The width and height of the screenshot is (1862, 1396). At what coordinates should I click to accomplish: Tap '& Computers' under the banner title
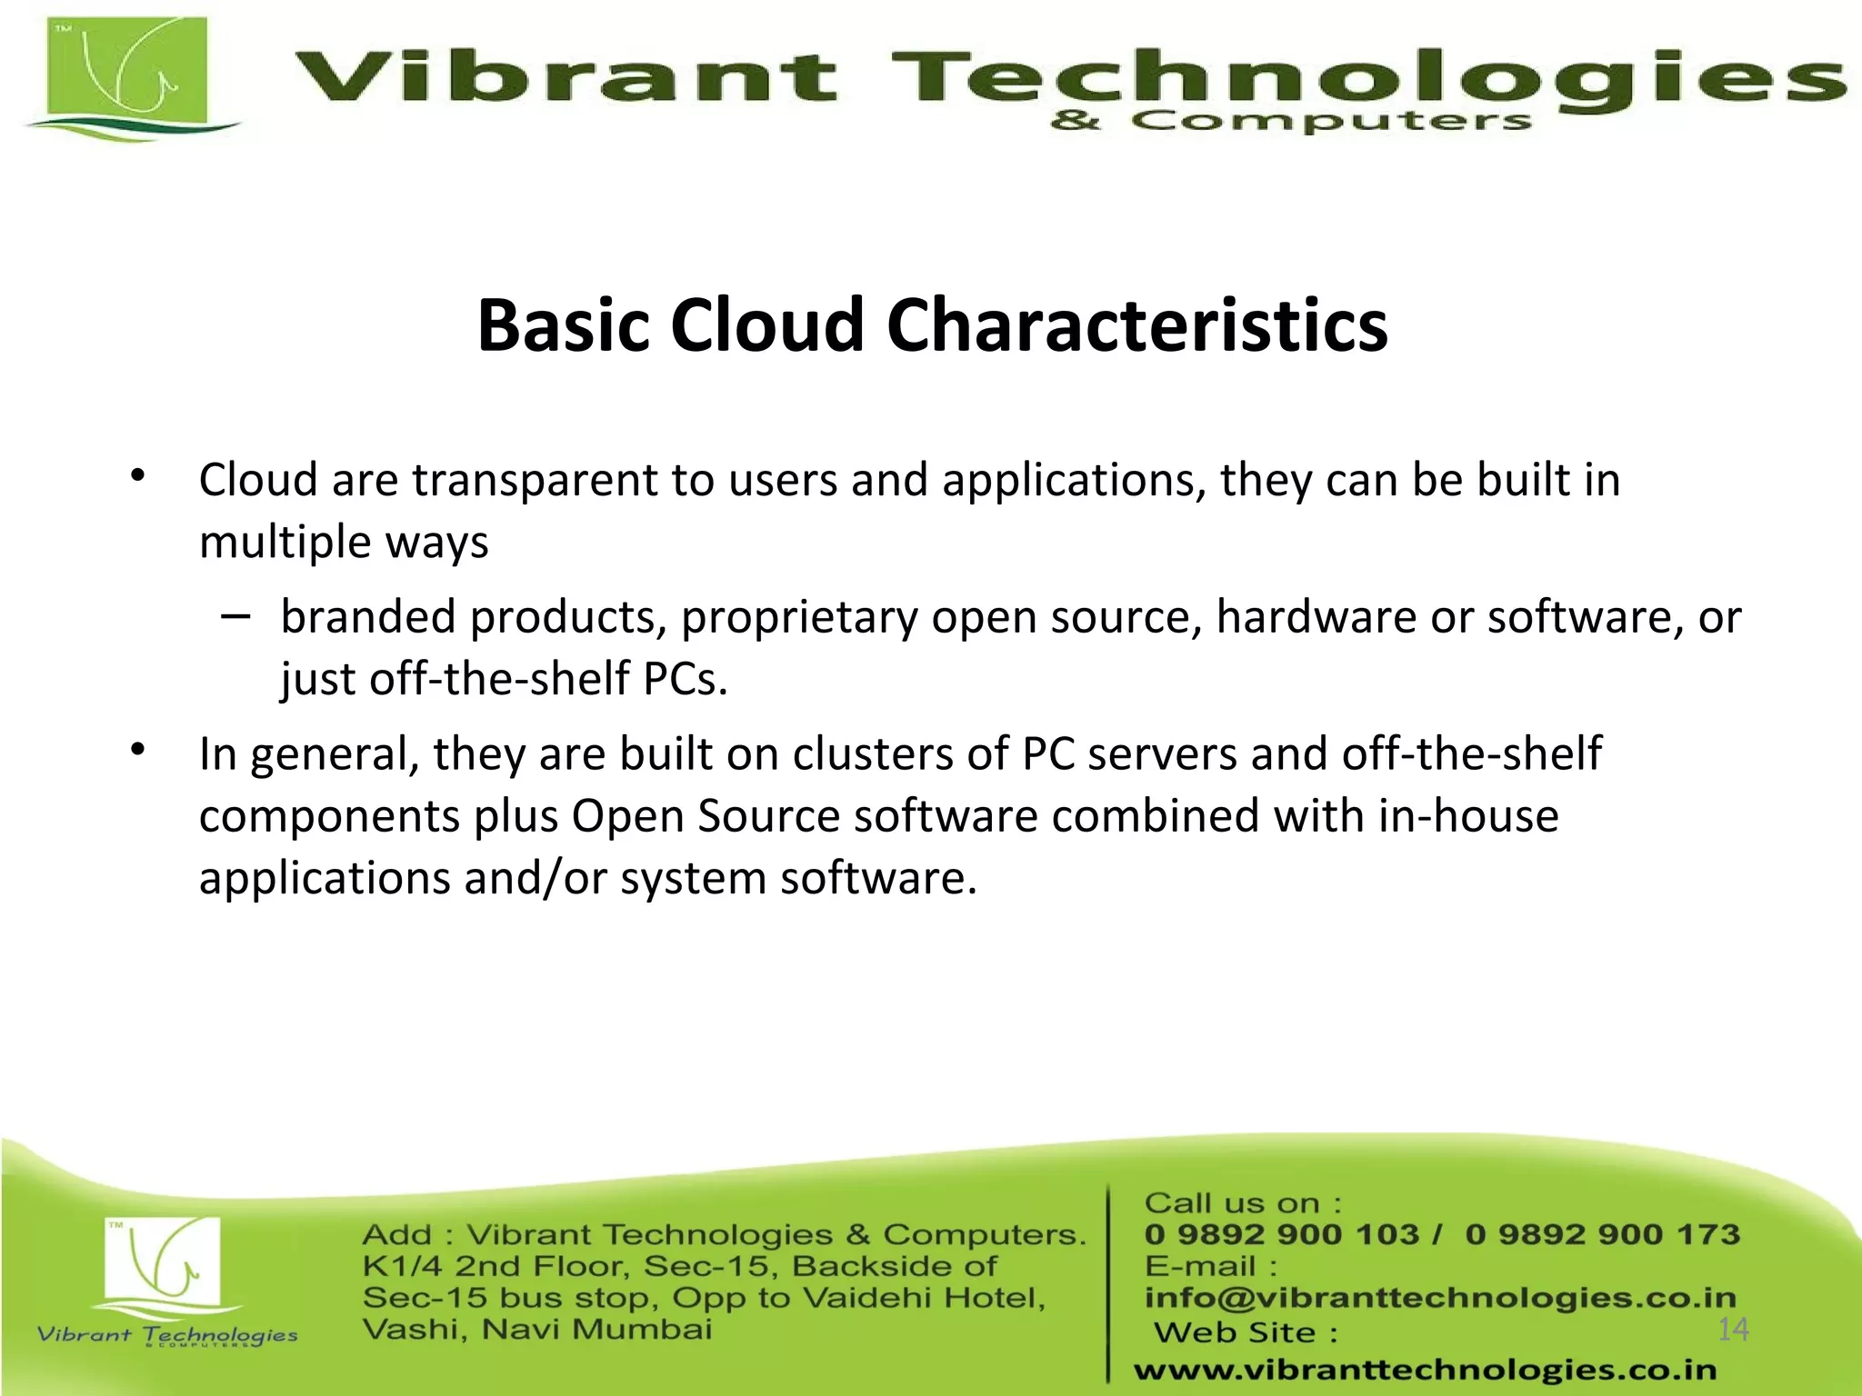pyautogui.click(x=1291, y=122)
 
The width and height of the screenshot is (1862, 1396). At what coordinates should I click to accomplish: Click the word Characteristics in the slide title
pyautogui.click(x=1136, y=325)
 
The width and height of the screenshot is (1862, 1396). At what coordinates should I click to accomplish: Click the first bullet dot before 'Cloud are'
pyautogui.click(x=137, y=475)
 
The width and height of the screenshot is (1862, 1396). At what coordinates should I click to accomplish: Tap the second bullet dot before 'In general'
pyautogui.click(x=137, y=750)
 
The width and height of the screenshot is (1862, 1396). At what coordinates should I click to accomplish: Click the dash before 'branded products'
pyautogui.click(x=235, y=616)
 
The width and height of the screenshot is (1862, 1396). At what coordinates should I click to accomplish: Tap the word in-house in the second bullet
pyautogui.click(x=1468, y=815)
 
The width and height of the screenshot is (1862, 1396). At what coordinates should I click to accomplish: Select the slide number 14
pyautogui.click(x=1733, y=1330)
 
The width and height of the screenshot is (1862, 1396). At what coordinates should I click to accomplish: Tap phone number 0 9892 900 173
pyautogui.click(x=1602, y=1234)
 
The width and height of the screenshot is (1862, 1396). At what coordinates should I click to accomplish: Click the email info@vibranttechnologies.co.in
pyautogui.click(x=1440, y=1298)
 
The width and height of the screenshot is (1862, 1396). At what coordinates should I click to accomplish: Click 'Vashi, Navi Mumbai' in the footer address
pyautogui.click(x=537, y=1330)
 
